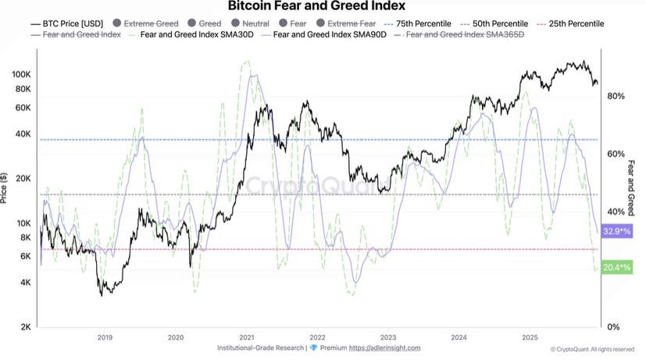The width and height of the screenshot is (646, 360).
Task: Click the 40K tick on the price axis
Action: coord(22,134)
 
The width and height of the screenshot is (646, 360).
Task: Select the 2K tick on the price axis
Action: coord(24,326)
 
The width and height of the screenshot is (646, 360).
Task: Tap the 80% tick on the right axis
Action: coord(616,96)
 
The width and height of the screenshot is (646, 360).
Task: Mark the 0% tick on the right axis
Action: coord(613,326)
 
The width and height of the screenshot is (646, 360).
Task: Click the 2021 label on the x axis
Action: coord(247,337)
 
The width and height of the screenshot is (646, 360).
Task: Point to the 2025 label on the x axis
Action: coord(530,337)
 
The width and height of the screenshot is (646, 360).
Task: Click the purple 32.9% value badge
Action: coord(617,232)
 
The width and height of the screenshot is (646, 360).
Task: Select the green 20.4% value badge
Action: coord(617,267)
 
